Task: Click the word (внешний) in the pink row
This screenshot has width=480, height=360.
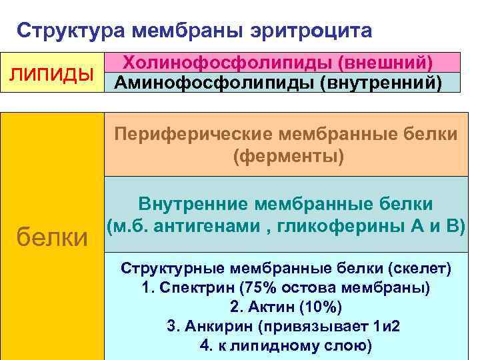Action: click(387, 62)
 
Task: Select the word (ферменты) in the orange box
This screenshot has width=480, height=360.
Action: click(287, 157)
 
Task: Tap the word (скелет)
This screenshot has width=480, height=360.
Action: click(419, 269)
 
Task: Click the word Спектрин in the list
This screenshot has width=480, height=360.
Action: click(189, 288)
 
